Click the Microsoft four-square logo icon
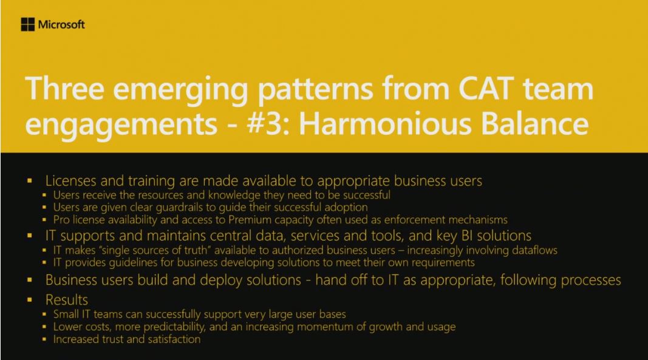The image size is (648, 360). tap(28, 24)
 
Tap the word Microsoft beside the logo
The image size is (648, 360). tap(61, 25)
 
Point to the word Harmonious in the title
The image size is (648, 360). tap(385, 123)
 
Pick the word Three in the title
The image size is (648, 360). tap(64, 89)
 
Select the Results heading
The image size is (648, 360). tap(67, 300)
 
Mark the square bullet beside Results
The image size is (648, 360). tap(29, 300)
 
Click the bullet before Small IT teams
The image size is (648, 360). tap(44, 314)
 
